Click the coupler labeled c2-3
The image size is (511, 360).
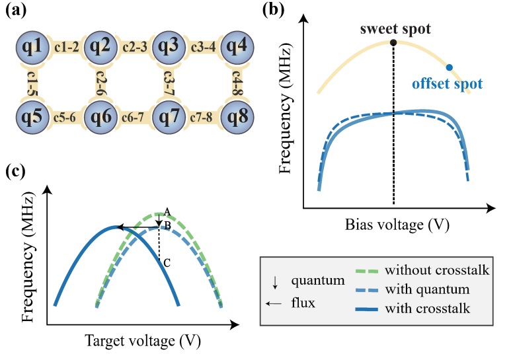(x=135, y=46)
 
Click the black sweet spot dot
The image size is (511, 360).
(x=393, y=43)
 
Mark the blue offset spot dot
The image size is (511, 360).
(x=450, y=67)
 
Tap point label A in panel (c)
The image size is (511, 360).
(x=168, y=211)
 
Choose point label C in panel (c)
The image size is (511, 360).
(x=168, y=263)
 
